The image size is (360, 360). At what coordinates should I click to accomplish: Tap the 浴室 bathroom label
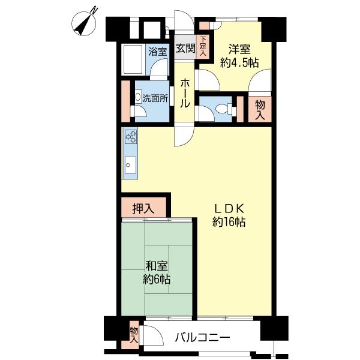tap(157, 52)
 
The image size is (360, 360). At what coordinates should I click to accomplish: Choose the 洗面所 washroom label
tap(154, 98)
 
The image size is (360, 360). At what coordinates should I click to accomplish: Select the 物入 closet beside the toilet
tap(260, 110)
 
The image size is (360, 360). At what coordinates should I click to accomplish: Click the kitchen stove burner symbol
tap(131, 137)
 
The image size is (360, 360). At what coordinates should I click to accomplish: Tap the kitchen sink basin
tap(130, 163)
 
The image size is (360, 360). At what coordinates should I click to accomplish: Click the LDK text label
tap(229, 208)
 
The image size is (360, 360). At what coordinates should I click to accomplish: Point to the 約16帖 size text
tap(229, 222)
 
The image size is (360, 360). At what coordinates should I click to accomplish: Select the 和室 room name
tap(156, 266)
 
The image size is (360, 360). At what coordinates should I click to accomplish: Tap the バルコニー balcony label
tap(202, 338)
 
